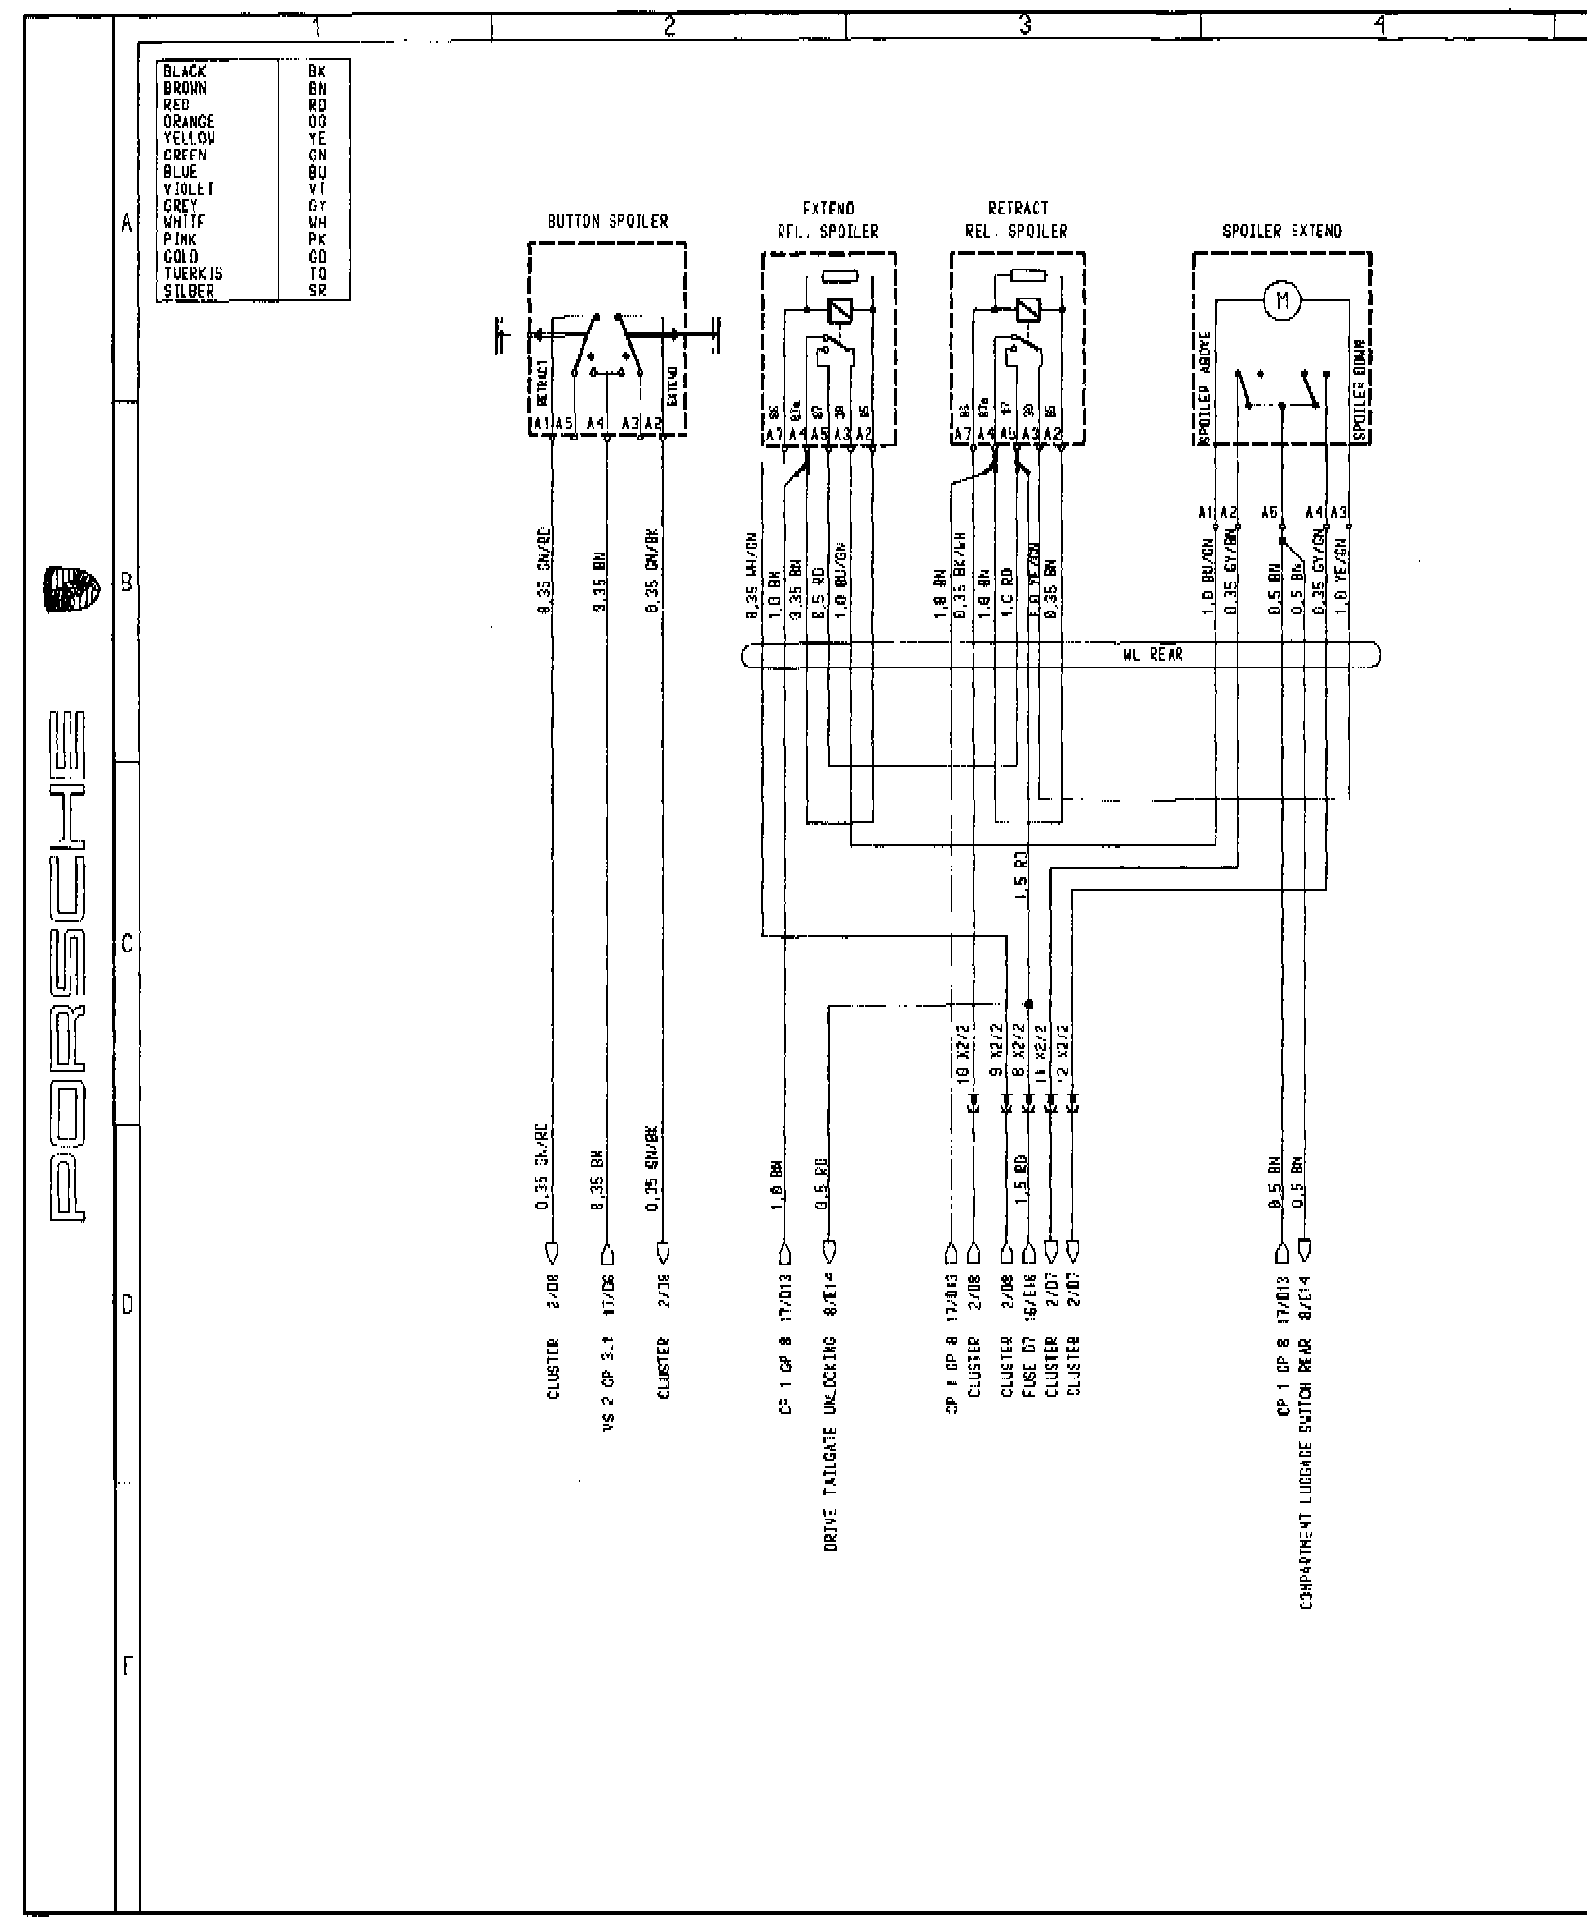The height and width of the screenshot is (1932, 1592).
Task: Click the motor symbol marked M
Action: click(x=1282, y=301)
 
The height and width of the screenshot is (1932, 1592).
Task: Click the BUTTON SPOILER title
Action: click(x=608, y=221)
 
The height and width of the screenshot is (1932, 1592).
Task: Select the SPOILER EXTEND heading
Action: click(x=1282, y=231)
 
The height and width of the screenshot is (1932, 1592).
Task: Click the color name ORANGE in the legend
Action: click(x=189, y=122)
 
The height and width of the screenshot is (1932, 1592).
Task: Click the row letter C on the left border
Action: click(x=127, y=945)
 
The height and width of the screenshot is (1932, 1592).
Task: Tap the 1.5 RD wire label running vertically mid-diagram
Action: click(x=1021, y=881)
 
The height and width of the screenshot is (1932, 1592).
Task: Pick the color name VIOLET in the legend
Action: click(x=187, y=189)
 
